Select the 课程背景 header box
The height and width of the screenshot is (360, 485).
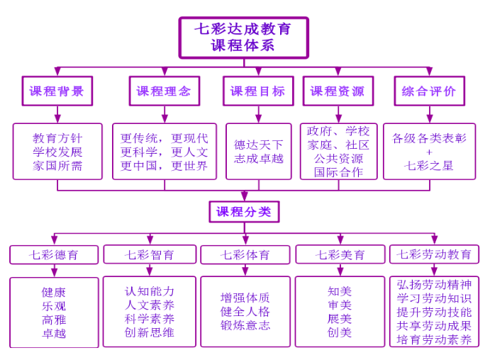pos(57,91)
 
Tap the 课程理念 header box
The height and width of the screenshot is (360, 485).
pos(164,91)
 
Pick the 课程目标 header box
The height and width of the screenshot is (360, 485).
pos(257,91)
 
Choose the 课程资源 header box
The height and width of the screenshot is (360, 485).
pos(338,91)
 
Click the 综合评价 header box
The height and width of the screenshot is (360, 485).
pos(429,91)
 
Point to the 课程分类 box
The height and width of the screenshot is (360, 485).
pos(244,211)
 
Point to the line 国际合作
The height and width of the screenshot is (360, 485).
pos(338,171)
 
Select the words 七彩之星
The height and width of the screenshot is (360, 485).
pos(429,166)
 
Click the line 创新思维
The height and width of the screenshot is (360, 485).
pos(150,332)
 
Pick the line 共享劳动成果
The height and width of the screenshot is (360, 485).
pos(434,326)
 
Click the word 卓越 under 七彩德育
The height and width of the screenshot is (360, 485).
pos(54,333)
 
